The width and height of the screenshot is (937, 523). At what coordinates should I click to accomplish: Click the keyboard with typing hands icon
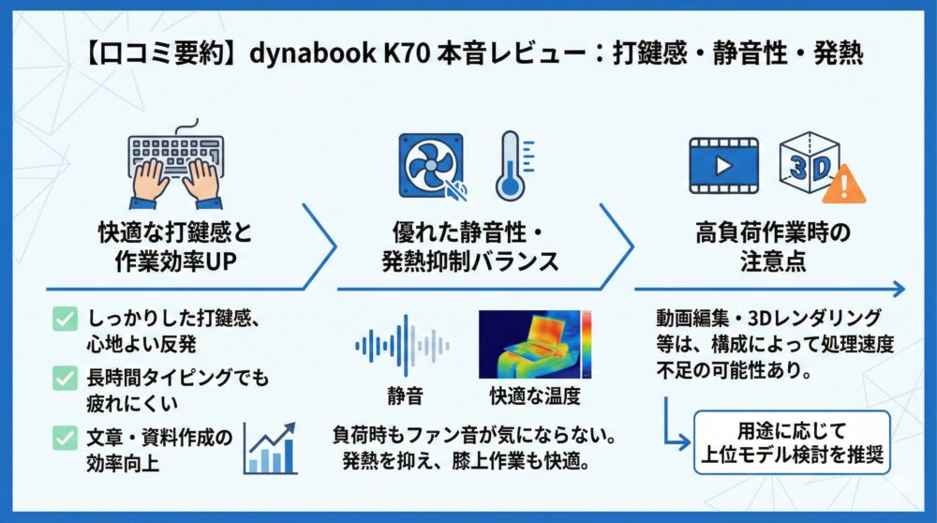176,164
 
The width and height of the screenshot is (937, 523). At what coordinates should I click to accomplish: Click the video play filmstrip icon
723,166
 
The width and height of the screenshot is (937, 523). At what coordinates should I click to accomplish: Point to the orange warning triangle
843,185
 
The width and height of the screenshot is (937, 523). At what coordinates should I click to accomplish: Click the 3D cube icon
810,161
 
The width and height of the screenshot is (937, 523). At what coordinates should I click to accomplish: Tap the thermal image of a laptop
535,344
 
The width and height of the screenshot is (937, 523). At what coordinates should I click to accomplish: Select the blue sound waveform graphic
402,346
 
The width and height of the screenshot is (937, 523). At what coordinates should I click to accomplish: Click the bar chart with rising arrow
271,449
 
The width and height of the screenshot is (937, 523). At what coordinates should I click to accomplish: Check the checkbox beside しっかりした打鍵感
65,319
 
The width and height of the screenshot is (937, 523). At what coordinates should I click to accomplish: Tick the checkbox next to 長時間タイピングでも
65,378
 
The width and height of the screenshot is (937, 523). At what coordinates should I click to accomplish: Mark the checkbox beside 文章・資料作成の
65,438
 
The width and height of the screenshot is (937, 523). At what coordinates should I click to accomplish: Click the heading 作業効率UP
176,261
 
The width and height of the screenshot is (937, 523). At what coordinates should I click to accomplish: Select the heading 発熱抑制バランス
470,261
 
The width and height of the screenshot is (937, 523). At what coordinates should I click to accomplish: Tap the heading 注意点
773,261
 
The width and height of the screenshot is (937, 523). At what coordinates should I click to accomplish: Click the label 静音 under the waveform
405,396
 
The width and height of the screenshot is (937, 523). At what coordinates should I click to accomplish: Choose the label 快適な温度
535,396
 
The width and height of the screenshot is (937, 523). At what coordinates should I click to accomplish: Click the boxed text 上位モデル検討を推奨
792,455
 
